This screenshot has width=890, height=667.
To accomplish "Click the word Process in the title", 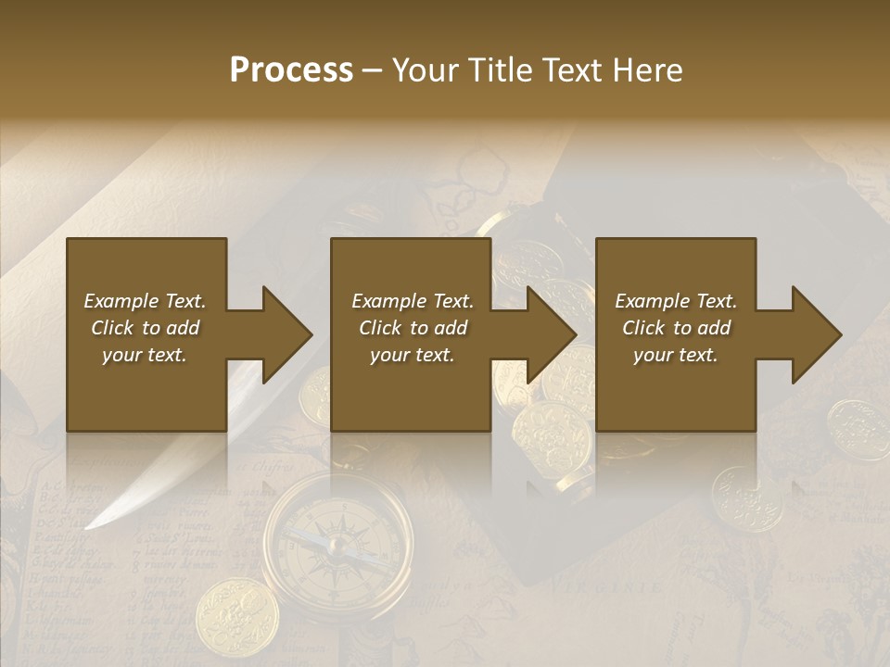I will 291,70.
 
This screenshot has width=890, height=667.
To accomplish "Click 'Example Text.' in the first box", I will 145,301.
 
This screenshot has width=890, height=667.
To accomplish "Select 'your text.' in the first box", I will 145,355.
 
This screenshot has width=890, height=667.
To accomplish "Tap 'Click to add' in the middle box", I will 413,328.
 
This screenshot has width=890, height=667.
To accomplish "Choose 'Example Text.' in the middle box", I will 413,301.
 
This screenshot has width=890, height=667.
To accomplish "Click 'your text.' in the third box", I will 676,355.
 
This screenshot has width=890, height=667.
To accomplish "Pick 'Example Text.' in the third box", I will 676,301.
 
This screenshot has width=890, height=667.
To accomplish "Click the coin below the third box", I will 746,497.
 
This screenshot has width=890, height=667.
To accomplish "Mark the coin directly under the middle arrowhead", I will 552,435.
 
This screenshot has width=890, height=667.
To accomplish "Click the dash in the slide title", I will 373,71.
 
